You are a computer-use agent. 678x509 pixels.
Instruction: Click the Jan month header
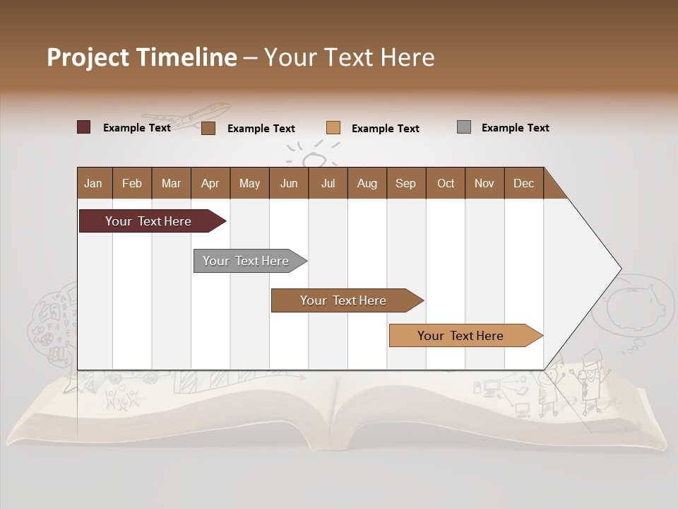93,183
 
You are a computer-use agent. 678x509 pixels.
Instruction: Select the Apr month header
210,183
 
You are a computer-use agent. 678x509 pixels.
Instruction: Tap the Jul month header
328,183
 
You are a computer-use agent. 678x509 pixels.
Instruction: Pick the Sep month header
405,183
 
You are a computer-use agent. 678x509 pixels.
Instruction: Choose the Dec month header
523,183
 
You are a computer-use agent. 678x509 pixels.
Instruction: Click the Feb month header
132,183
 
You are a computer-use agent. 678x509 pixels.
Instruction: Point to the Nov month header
484,183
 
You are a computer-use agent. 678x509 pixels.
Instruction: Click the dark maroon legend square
83,127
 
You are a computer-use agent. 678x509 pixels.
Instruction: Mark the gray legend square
464,127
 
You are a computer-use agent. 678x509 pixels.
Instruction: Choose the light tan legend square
333,128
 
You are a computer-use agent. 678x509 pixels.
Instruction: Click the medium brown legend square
208,128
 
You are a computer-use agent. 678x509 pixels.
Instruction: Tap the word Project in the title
88,57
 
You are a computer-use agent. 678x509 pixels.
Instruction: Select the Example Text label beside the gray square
515,128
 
